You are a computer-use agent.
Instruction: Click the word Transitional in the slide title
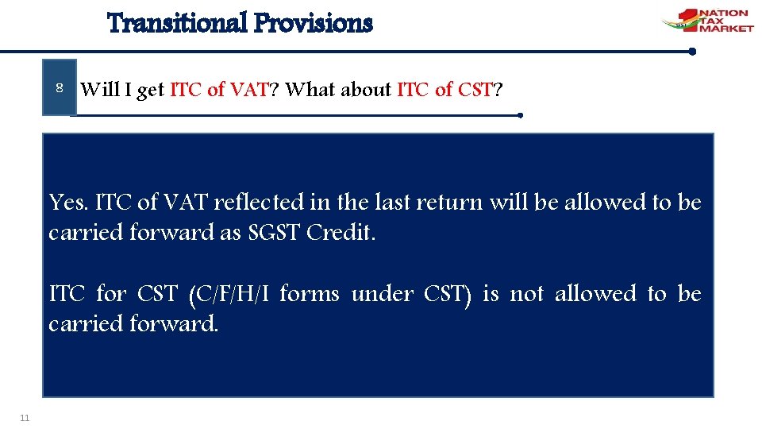point(177,23)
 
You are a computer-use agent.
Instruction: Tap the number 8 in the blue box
point(60,88)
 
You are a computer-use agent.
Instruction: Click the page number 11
point(25,418)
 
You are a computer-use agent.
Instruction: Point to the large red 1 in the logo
point(687,19)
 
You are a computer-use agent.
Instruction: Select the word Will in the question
point(100,90)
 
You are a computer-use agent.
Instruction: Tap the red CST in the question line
point(475,90)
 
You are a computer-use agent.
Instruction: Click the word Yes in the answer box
point(67,203)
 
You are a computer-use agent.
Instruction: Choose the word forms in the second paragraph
point(310,295)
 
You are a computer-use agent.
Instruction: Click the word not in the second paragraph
point(526,295)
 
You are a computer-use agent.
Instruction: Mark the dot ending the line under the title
point(692,52)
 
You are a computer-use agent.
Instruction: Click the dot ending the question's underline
point(519,115)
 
